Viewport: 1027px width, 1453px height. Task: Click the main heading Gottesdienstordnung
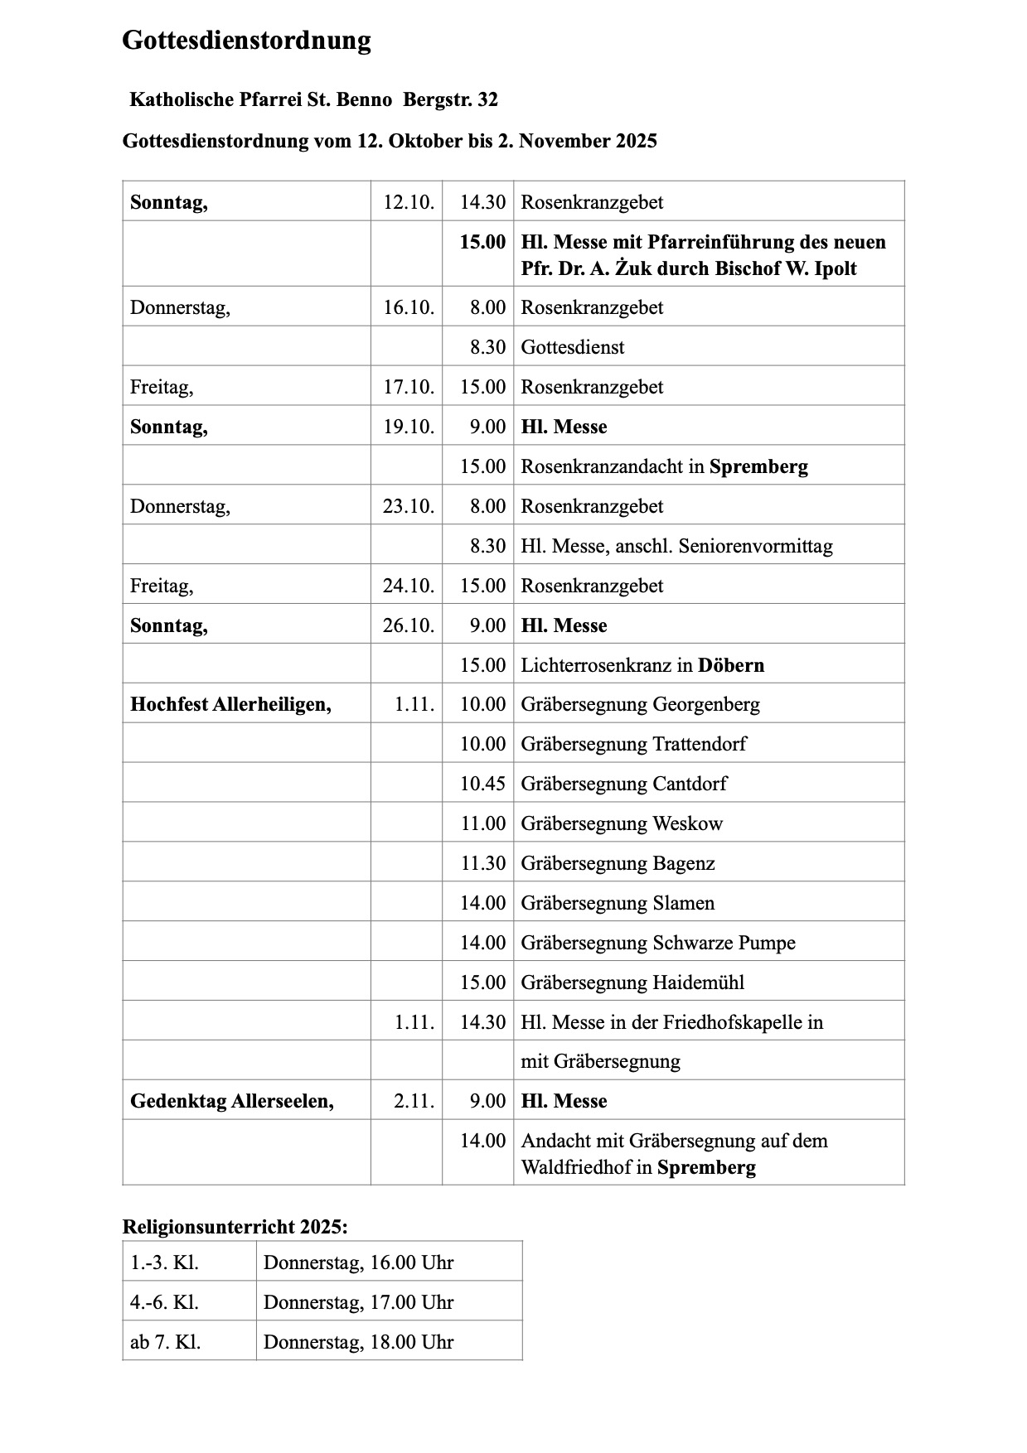(246, 41)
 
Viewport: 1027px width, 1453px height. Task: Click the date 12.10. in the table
(408, 202)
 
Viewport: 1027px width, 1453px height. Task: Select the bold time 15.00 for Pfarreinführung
(482, 242)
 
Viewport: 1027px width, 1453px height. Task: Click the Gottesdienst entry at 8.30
(572, 347)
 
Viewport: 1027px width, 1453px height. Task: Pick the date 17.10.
(408, 387)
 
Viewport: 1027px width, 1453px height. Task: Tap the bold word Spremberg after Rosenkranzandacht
(758, 466)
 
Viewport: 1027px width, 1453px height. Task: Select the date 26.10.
(408, 625)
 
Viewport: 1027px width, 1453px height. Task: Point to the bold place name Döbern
(730, 665)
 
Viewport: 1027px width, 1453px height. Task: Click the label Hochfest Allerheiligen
(230, 704)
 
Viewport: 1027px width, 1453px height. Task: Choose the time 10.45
(482, 784)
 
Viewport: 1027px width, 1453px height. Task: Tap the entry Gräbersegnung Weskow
(622, 823)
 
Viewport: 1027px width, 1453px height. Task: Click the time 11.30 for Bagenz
(482, 863)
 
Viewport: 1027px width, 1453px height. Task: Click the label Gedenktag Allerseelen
(231, 1101)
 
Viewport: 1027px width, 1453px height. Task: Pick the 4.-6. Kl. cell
(164, 1302)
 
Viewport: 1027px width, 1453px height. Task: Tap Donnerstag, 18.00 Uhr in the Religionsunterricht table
(358, 1342)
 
